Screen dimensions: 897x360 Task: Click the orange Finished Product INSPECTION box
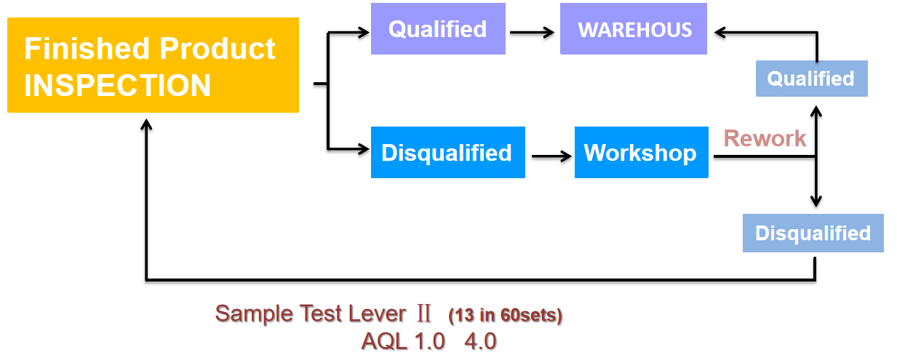[x=153, y=65]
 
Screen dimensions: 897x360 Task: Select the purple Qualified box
[x=438, y=28]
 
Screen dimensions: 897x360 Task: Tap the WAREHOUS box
[x=634, y=28]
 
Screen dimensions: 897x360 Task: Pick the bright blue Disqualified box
[x=447, y=152]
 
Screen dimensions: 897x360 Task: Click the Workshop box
[x=642, y=152]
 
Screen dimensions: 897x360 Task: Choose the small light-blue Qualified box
[x=812, y=79]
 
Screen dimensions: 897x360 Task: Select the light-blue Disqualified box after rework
[x=813, y=233]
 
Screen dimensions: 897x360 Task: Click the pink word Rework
[x=765, y=139]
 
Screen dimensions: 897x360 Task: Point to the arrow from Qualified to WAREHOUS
[x=532, y=32]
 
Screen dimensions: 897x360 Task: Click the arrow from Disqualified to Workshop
[x=551, y=156]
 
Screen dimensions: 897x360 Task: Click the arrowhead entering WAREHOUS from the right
[x=720, y=32]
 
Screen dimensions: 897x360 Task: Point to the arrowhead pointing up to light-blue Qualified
[x=816, y=111]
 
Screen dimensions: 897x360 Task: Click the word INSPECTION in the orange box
[x=117, y=85]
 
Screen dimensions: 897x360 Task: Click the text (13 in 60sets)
[x=506, y=316]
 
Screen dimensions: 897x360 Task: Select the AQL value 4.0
[x=480, y=342]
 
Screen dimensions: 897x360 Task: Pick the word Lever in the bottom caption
[x=378, y=313]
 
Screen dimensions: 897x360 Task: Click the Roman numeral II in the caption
[x=423, y=313]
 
